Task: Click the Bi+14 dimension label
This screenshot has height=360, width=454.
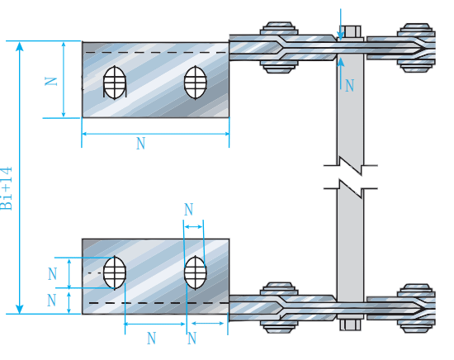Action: click(7, 188)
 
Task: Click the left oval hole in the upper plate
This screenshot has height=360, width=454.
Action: click(115, 83)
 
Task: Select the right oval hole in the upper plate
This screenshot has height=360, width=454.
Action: click(196, 83)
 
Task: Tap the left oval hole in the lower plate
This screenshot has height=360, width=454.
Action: click(115, 272)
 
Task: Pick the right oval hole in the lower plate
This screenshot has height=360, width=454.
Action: click(196, 272)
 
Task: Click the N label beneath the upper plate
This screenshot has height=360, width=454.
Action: click(140, 144)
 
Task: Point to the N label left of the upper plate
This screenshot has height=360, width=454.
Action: click(51, 81)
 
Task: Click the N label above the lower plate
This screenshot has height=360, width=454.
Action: click(189, 210)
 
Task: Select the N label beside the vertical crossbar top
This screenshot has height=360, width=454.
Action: click(350, 86)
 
